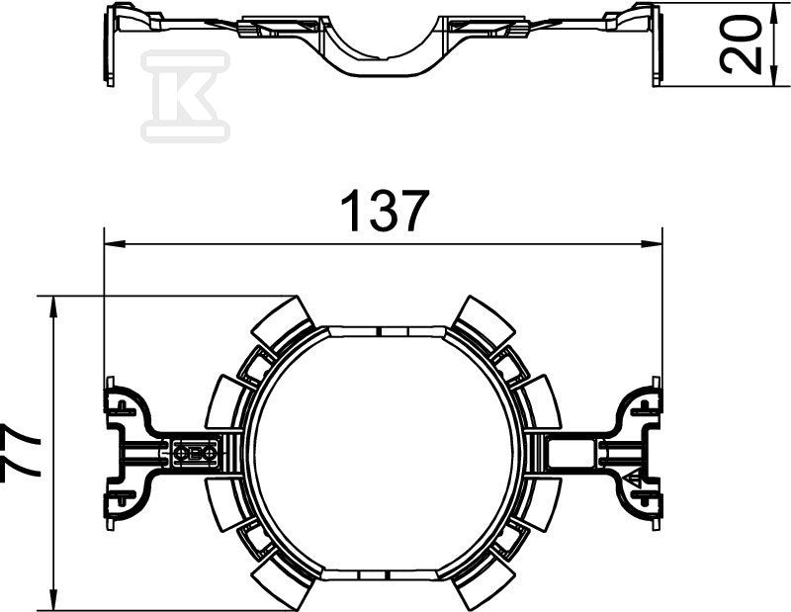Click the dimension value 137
385,211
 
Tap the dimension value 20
740,44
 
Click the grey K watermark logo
186,96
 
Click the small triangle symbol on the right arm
632,478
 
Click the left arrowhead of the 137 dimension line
115,244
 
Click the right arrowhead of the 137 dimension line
652,244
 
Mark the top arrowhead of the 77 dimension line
52,306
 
